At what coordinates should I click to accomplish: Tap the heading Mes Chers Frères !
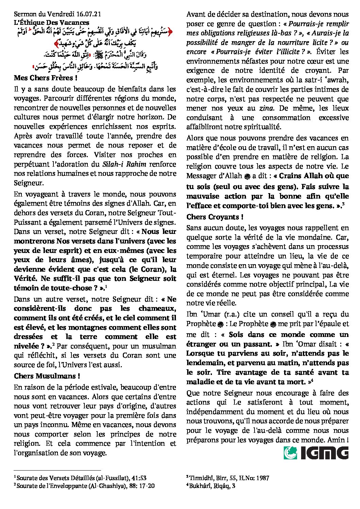pyautogui.click(x=43, y=78)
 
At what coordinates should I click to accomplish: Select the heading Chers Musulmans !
pyautogui.click(x=47, y=376)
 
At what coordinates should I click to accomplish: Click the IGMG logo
pyautogui.click(x=316, y=453)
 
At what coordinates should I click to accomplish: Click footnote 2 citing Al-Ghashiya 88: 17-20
pyautogui.click(x=84, y=486)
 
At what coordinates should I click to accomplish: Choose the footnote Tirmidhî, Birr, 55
pyautogui.click(x=228, y=478)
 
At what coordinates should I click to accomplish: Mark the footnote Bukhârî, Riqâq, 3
pyautogui.click(x=211, y=486)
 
